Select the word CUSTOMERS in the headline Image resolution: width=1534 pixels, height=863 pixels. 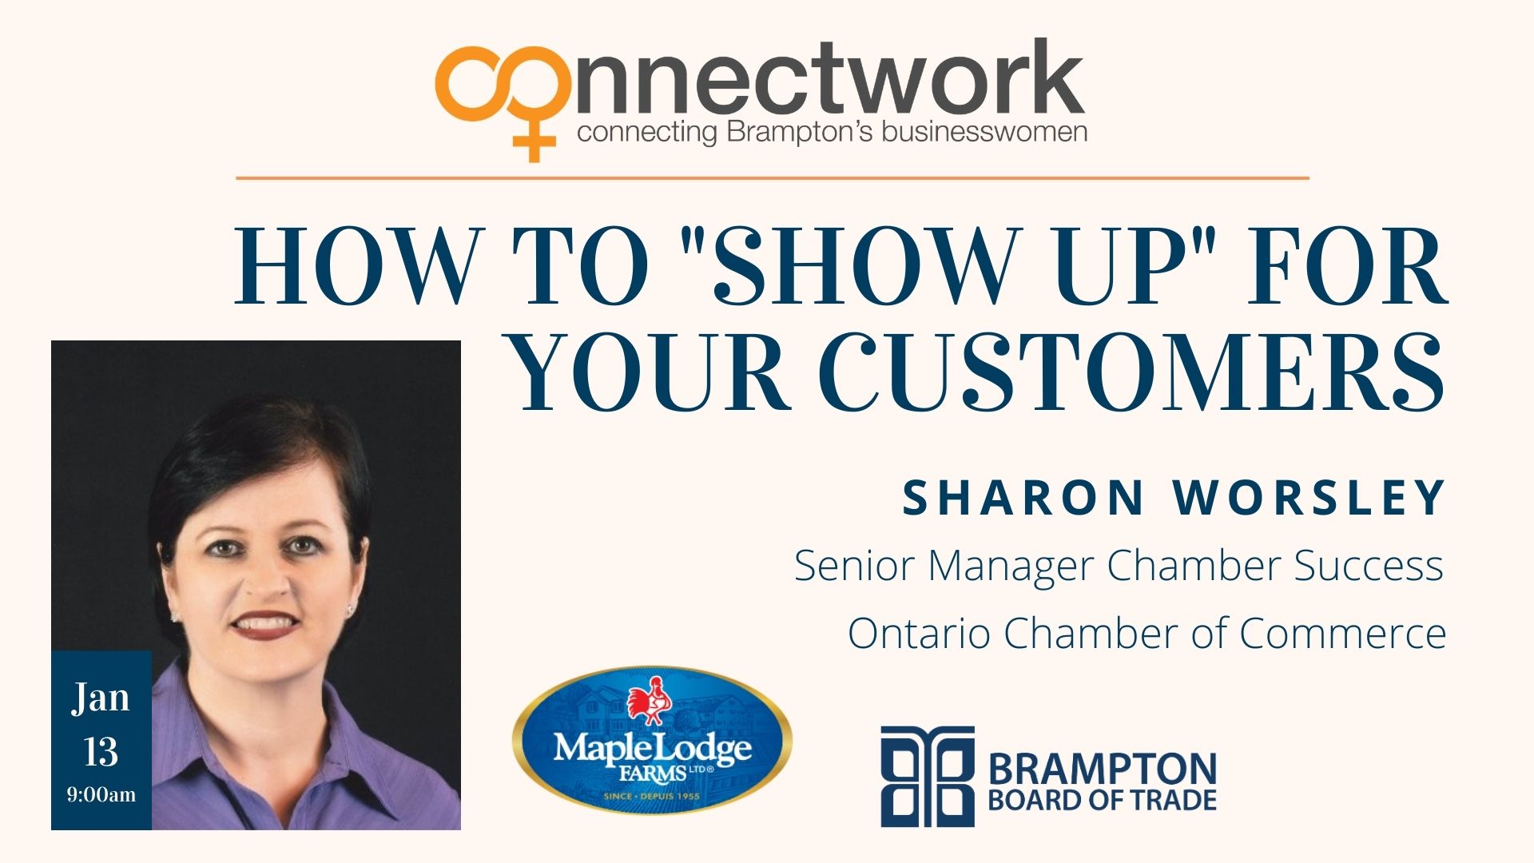[1132, 373]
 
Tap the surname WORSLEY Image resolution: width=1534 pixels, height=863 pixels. [1309, 498]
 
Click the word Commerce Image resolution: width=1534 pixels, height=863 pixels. [1343, 634]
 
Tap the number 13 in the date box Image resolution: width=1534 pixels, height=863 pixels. [101, 752]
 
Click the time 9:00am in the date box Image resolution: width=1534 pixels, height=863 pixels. [101, 795]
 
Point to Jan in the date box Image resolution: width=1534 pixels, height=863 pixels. [101, 698]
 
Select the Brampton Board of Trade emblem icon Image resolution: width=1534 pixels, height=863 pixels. [928, 776]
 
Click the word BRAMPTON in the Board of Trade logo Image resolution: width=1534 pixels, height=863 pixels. [1103, 769]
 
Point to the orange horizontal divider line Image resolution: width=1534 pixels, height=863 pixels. [772, 178]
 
